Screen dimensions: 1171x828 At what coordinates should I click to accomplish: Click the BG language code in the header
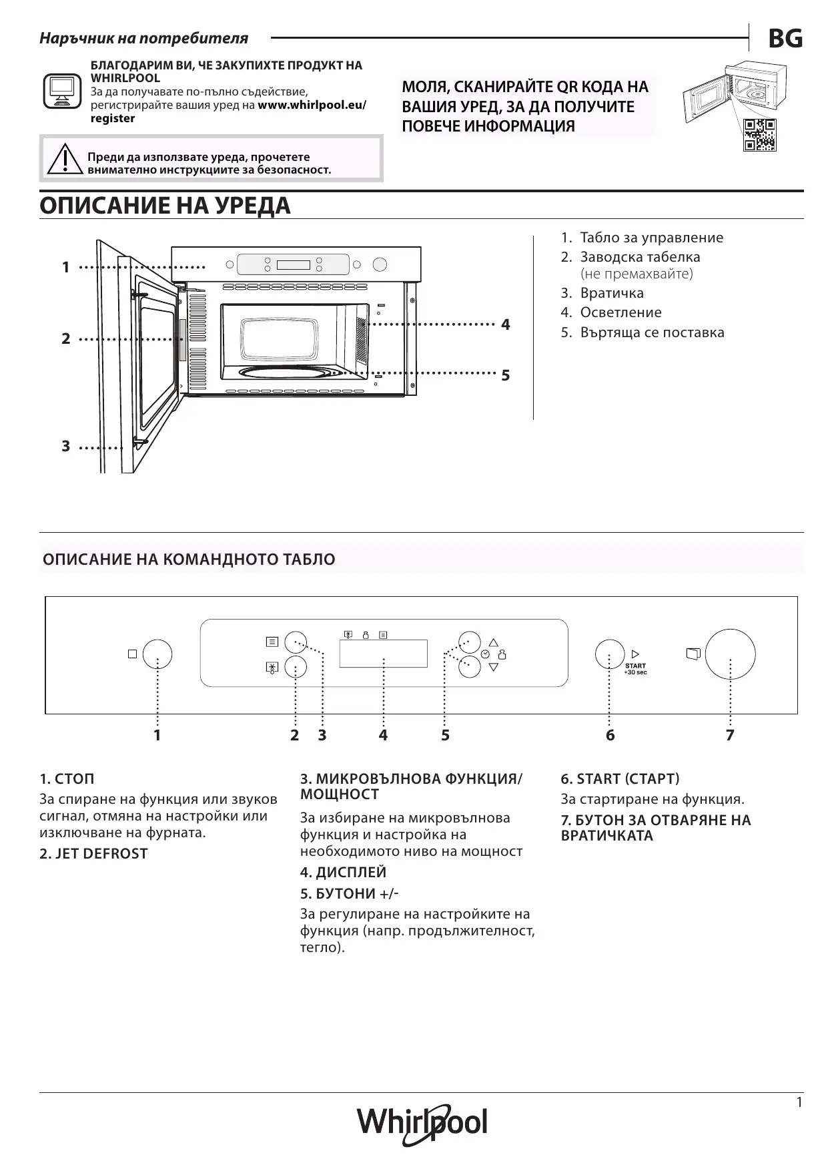click(785, 39)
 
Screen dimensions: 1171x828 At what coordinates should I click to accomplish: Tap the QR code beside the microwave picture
click(760, 135)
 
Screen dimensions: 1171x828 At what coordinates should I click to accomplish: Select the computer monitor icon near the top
click(62, 91)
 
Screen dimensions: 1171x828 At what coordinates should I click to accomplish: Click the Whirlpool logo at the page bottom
click(422, 1124)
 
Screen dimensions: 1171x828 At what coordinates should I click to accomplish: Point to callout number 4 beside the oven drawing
click(506, 325)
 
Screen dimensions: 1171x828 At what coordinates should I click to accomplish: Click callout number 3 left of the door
click(65, 447)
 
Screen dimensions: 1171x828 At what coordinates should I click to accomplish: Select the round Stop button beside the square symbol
click(157, 654)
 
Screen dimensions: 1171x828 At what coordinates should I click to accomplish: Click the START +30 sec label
click(635, 668)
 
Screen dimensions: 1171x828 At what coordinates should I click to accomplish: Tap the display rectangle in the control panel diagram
click(383, 654)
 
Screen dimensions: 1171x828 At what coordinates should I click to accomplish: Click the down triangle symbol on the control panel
click(494, 667)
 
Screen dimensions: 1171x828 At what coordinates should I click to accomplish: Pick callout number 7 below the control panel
click(730, 736)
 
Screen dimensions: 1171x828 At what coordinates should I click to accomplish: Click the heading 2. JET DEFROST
click(93, 854)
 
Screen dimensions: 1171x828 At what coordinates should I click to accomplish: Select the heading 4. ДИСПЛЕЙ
click(343, 873)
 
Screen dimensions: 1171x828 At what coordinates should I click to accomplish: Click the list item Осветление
click(620, 312)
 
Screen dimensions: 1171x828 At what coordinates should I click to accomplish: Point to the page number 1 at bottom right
click(799, 1103)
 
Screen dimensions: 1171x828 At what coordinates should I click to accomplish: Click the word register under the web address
click(113, 119)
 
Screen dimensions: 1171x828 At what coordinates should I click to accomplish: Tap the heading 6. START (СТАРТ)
click(620, 779)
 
